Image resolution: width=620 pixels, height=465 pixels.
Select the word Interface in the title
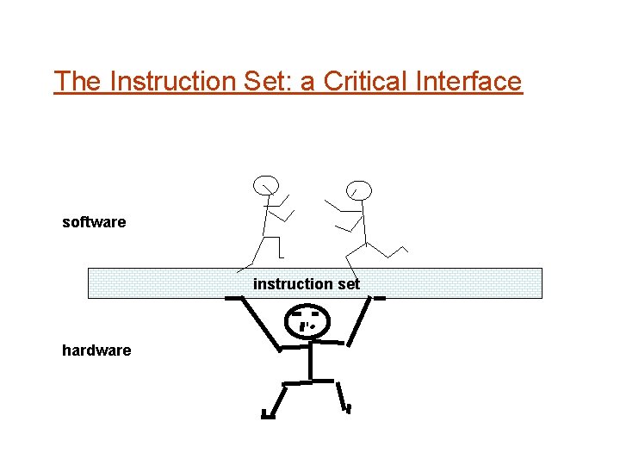[468, 82]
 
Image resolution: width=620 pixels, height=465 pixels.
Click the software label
[94, 222]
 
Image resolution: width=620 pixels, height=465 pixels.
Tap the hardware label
[96, 350]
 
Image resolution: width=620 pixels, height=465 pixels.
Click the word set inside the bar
[348, 283]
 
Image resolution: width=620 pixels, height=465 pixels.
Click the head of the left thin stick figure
[266, 185]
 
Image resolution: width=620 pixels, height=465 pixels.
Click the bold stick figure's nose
[304, 327]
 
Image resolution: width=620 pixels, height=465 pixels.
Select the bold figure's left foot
[268, 415]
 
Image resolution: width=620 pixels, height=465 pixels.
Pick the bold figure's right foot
[348, 407]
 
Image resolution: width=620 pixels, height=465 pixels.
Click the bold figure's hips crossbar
[309, 381]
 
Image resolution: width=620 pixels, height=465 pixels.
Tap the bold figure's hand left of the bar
[233, 298]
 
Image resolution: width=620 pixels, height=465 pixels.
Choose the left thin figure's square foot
[281, 256]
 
